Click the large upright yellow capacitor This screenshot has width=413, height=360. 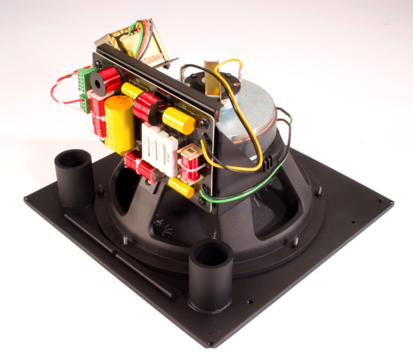pos(118,124)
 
